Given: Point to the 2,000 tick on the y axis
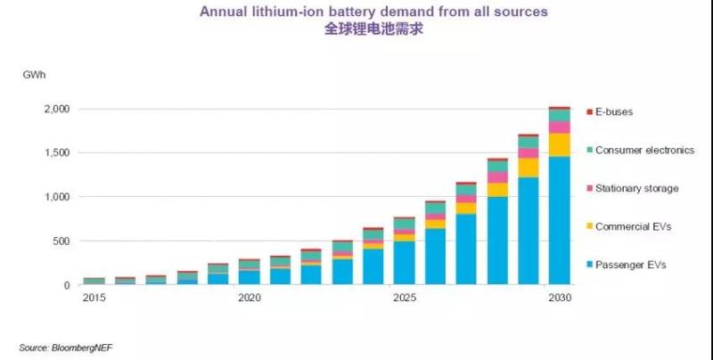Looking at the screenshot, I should pyautogui.click(x=53, y=109).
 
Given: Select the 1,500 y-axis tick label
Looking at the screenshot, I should pyautogui.click(x=53, y=153).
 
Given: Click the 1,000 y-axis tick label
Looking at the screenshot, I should pyautogui.click(x=53, y=197).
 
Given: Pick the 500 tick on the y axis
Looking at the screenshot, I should pyautogui.click(x=58, y=241).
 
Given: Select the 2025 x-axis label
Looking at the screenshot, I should pyautogui.click(x=404, y=299).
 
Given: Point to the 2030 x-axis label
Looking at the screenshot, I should pyautogui.click(x=560, y=299).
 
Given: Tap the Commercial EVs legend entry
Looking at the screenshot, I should pyautogui.click(x=632, y=227).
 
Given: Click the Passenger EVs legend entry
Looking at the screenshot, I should pyautogui.click(x=629, y=266).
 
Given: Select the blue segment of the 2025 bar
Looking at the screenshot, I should pyautogui.click(x=404, y=263).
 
